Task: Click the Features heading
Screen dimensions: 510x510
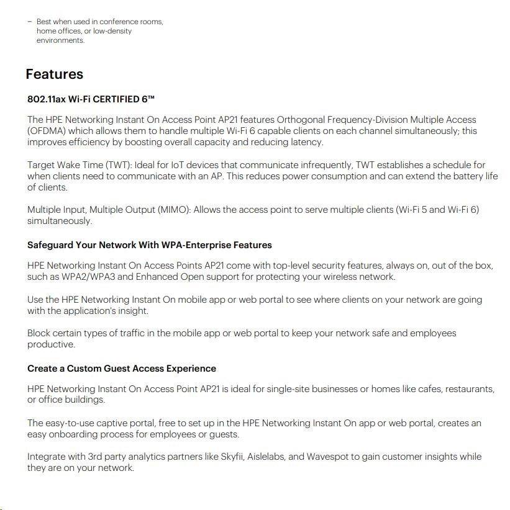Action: pos(54,74)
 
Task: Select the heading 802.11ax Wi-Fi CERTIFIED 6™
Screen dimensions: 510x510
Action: pos(91,99)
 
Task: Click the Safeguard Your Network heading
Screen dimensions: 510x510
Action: pos(149,245)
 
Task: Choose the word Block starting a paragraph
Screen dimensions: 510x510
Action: pos(40,333)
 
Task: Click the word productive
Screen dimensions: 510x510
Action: pos(51,344)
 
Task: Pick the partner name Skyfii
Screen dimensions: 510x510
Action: pos(232,457)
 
